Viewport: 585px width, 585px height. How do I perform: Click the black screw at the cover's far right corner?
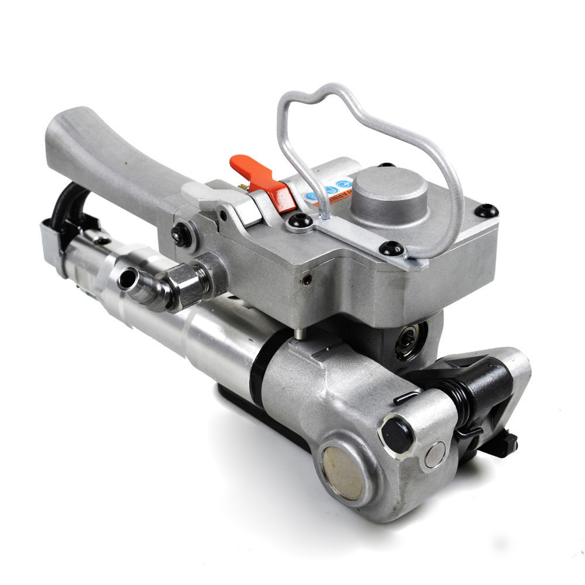487,211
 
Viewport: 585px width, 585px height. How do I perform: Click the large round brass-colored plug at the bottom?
342,473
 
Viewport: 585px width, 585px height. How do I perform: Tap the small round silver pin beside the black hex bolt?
435,455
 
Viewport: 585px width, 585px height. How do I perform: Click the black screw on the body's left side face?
182,235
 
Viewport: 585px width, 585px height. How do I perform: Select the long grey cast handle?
111,152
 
